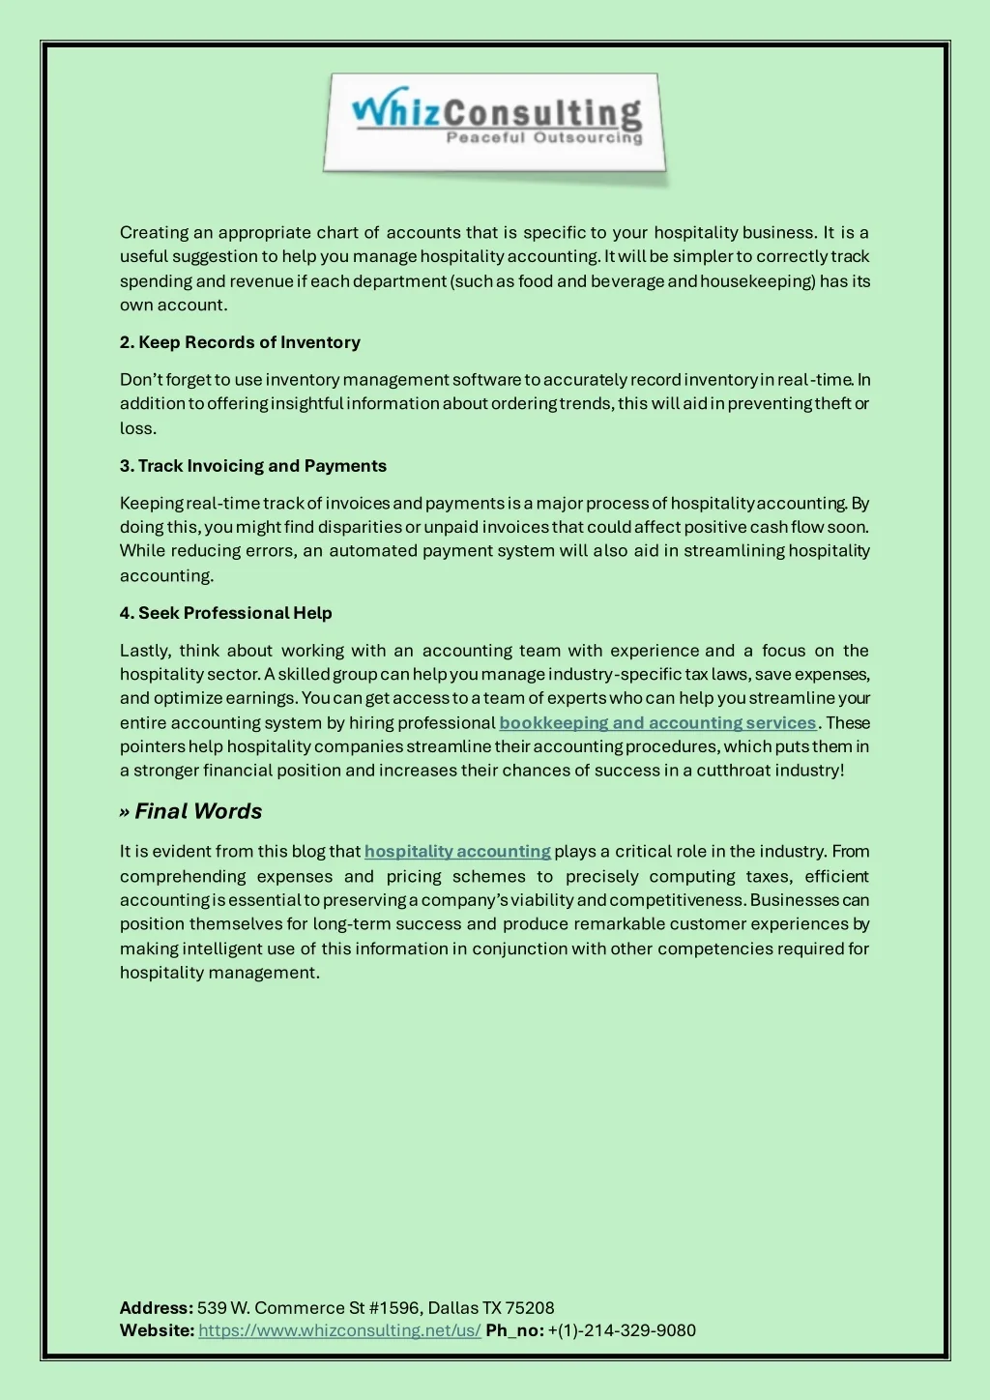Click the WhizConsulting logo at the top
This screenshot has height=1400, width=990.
point(495,124)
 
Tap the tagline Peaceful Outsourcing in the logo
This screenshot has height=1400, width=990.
point(543,138)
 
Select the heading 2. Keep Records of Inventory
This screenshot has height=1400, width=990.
point(240,342)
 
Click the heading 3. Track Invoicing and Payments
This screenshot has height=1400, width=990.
point(252,466)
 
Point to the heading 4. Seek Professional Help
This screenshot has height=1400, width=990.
point(225,613)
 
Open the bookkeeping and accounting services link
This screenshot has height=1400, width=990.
point(657,723)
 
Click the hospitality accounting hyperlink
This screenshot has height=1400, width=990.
point(457,852)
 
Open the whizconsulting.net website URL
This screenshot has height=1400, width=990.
point(339,1330)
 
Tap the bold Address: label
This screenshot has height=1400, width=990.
point(156,1308)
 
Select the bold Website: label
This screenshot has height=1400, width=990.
point(157,1330)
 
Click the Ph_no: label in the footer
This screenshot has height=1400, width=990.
point(514,1330)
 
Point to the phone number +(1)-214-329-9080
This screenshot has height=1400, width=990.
point(622,1330)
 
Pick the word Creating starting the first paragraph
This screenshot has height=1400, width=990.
point(154,233)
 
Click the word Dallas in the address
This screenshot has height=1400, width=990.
point(453,1308)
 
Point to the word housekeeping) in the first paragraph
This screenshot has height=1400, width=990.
point(758,281)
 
